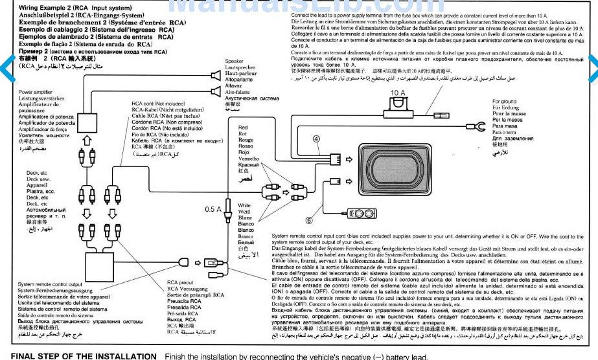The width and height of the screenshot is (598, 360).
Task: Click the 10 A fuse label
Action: point(398,93)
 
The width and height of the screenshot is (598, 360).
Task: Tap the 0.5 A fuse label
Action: point(213,209)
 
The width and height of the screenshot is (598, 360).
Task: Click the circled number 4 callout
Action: point(316,138)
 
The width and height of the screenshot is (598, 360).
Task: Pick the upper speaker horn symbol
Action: point(215,76)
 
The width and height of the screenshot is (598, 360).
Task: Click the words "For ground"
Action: point(505,102)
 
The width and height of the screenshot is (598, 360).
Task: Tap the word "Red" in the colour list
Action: point(243,128)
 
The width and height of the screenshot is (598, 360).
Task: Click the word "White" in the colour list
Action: point(244,205)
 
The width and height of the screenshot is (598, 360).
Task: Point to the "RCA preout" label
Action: point(180,282)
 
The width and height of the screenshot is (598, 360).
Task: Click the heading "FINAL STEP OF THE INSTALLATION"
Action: point(84,355)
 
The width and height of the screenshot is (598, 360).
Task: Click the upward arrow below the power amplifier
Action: point(87,142)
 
